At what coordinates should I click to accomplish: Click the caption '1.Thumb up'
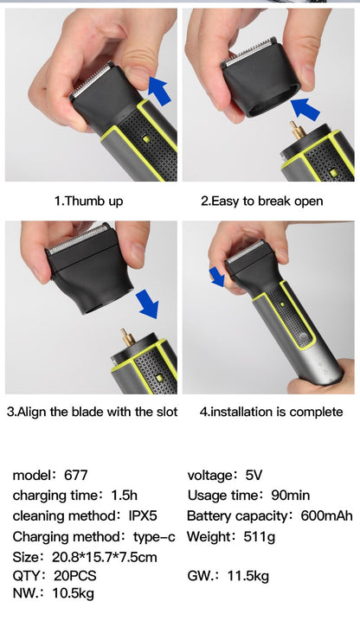88,201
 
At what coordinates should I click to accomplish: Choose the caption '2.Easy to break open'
262,201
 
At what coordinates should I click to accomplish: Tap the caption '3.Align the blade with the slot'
92,412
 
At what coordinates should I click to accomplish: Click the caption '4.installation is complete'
271,412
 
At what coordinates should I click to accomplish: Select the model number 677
75,475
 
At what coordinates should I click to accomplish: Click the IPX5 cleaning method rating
142,515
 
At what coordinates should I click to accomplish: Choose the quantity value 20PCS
72,576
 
